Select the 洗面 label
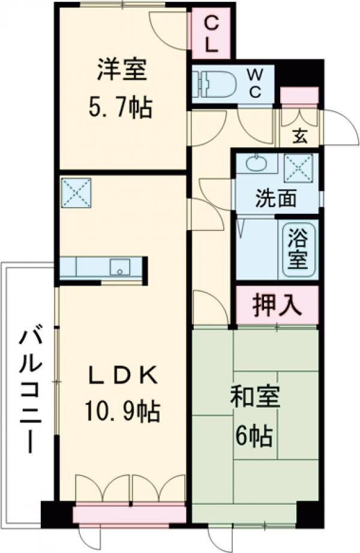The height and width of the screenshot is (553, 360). [275, 199]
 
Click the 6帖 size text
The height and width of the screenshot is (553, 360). [255, 434]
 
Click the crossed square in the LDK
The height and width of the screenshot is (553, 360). [75, 192]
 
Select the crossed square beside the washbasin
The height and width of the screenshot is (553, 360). [298, 165]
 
